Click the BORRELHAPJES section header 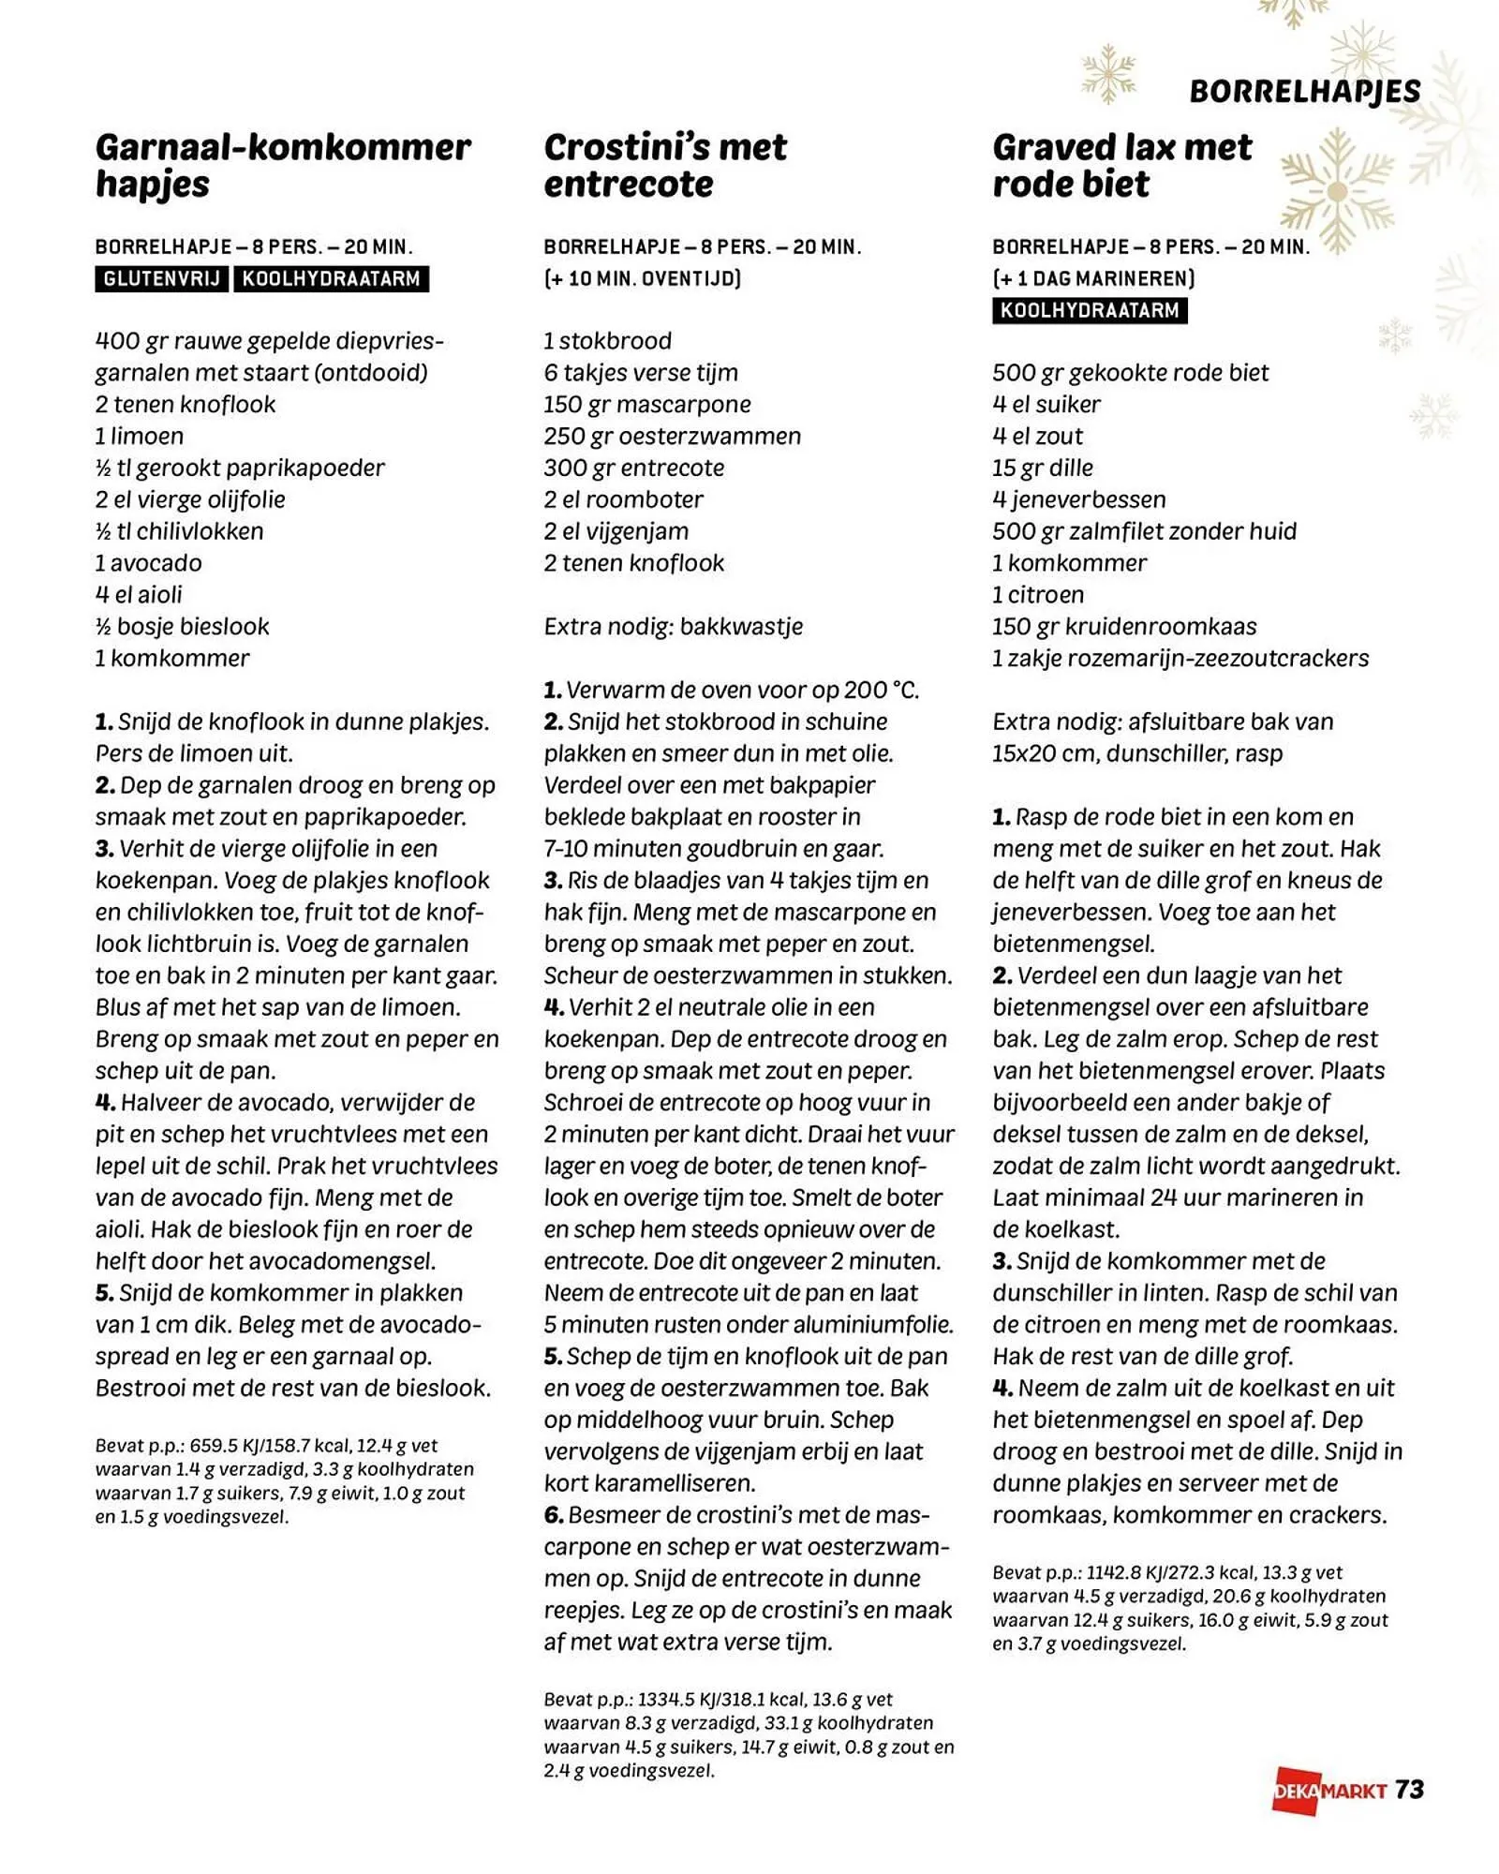coord(1304,91)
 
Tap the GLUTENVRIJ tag coord(161,279)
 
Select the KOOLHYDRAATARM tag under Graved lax coord(1089,311)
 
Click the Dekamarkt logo coord(1328,1791)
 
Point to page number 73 coord(1409,1790)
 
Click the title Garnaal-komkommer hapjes coord(282,166)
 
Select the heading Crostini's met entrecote coord(665,166)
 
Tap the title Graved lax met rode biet coord(1121,166)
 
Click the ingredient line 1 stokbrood coord(607,341)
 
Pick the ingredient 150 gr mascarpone coord(646,405)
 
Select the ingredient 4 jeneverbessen coord(1079,499)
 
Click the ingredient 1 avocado coord(148,563)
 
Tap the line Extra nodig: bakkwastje coord(673,626)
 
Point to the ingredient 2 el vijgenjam coord(616,531)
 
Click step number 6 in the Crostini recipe coord(554,1515)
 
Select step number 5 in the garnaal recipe coord(104,1293)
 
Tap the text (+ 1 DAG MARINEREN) coord(1093,278)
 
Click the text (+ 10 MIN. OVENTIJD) coord(642,278)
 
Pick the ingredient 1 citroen coord(1038,595)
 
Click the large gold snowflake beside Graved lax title coord(1337,192)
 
